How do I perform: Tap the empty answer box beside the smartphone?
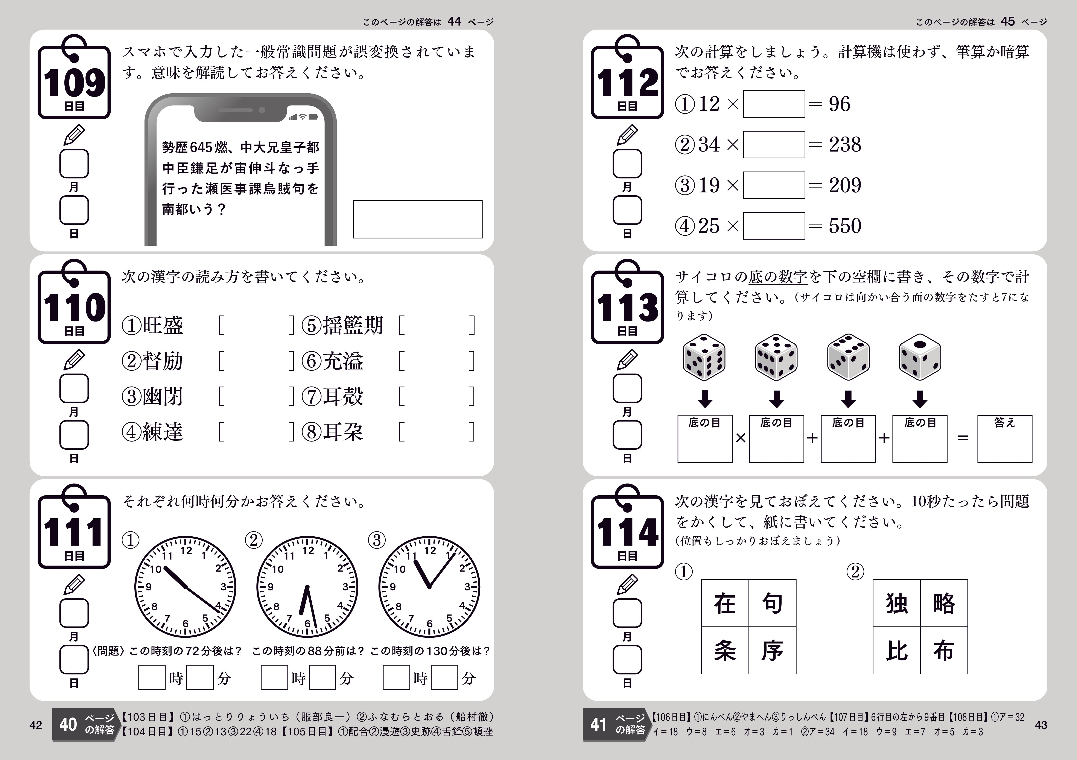click(x=417, y=219)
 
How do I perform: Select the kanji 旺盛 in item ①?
click(x=162, y=325)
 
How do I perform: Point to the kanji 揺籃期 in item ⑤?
click(x=353, y=325)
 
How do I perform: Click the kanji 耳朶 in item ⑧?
click(x=342, y=432)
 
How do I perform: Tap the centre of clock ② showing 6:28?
click(x=307, y=587)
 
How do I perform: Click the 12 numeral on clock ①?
click(x=186, y=551)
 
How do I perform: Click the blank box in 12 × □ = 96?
click(x=774, y=104)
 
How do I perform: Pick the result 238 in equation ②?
click(x=845, y=144)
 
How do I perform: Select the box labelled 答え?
click(x=1005, y=439)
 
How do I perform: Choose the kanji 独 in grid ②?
click(x=896, y=603)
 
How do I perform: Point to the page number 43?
click(x=1041, y=725)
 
